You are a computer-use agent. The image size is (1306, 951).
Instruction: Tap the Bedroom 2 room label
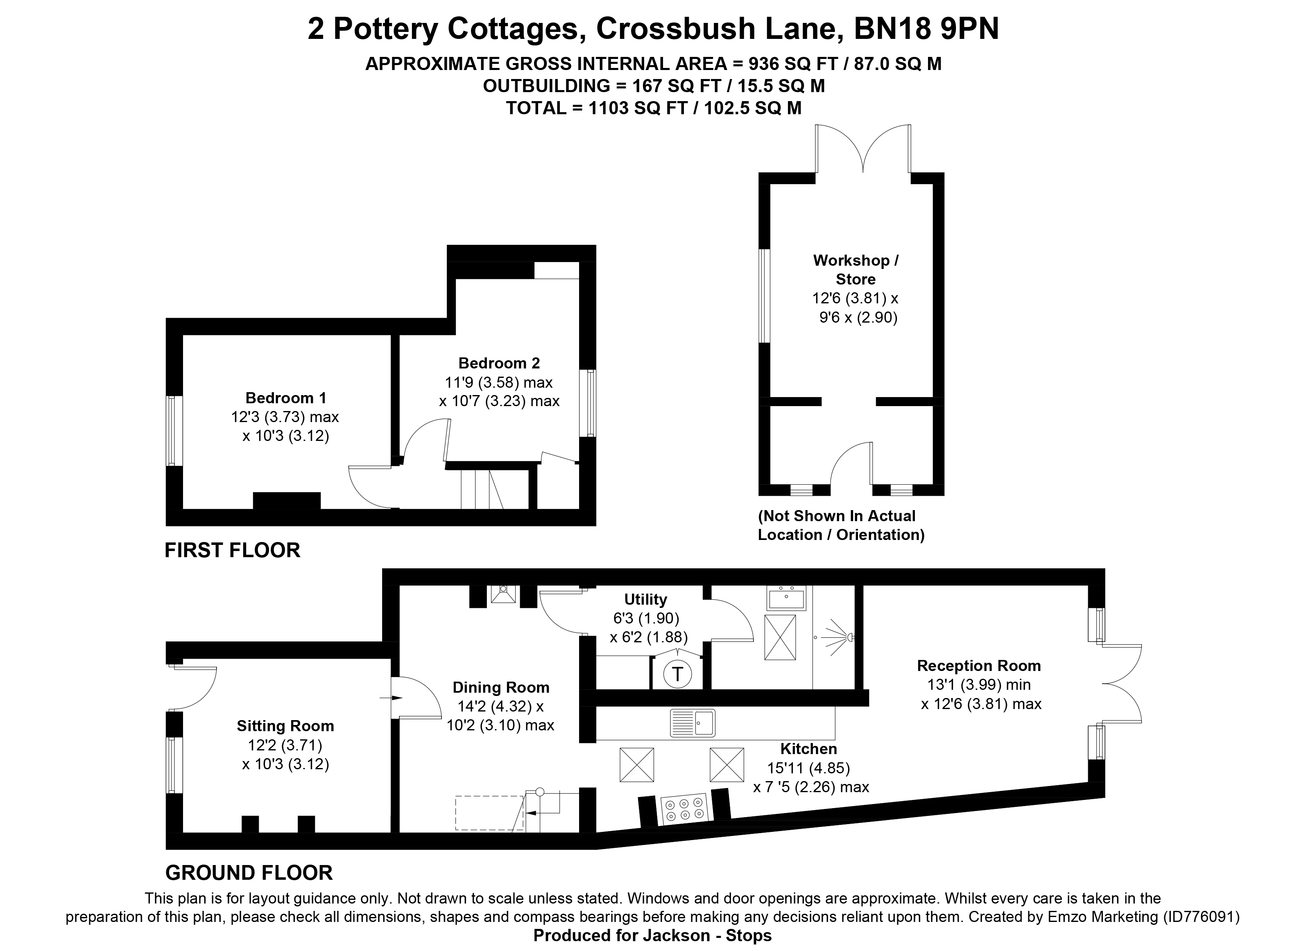[x=499, y=363]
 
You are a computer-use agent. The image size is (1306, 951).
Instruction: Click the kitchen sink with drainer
[x=693, y=723]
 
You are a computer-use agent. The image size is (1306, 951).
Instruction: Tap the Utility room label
[x=645, y=599]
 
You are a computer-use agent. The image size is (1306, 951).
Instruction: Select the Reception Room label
[x=978, y=666]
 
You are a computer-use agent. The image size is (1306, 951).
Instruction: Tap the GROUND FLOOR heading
[x=249, y=873]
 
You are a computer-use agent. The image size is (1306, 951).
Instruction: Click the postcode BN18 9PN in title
[x=926, y=29]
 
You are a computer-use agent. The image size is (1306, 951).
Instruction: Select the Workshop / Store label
[x=855, y=269]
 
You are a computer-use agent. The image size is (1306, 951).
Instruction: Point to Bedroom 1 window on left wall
[x=174, y=431]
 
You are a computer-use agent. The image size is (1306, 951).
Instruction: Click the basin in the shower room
[x=785, y=599]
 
